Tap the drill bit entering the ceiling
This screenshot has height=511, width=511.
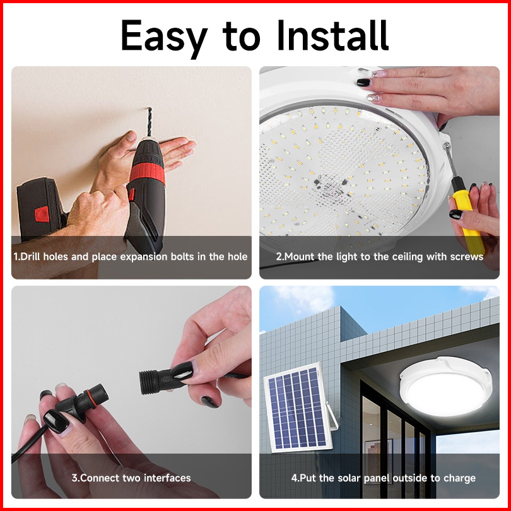(150, 122)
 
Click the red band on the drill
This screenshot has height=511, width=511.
(148, 173)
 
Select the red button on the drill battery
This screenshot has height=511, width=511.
(42, 214)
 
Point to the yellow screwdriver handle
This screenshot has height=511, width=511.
(467, 221)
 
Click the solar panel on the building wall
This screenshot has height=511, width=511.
(297, 408)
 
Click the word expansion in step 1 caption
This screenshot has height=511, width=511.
(144, 257)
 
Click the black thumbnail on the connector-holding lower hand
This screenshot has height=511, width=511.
(56, 421)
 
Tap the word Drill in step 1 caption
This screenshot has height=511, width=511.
(30, 257)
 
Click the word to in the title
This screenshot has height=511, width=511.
(242, 37)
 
